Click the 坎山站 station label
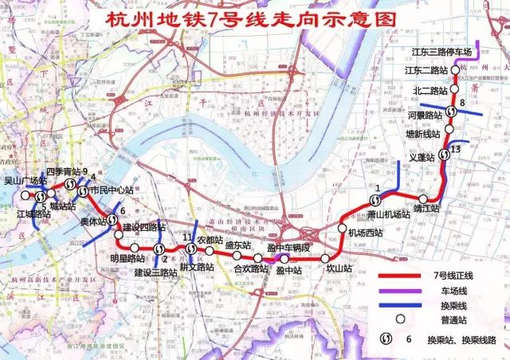339,269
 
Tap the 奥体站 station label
93,221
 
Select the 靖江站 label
426,208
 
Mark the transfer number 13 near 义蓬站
455,149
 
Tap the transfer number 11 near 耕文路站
186,238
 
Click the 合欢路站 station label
251,270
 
